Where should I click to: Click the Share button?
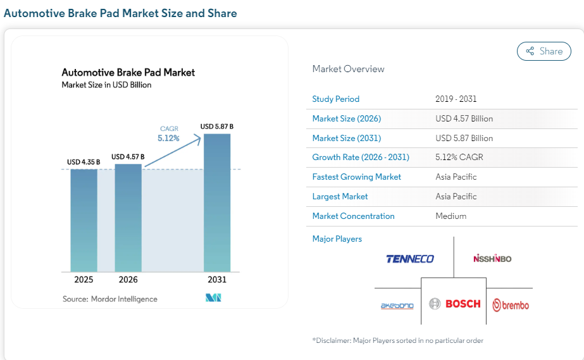click(x=544, y=51)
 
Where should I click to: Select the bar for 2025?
click(x=84, y=220)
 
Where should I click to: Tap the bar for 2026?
click(x=128, y=218)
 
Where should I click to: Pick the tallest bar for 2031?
click(x=216, y=202)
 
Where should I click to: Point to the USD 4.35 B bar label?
click(x=84, y=163)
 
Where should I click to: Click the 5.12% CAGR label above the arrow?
click(x=168, y=137)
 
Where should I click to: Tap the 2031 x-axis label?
click(x=216, y=280)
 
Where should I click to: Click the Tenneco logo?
click(x=410, y=259)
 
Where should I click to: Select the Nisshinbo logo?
click(x=492, y=258)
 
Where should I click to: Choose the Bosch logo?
click(x=455, y=304)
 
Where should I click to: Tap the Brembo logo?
click(x=511, y=305)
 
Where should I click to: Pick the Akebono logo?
click(x=397, y=306)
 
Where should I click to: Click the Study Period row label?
click(x=335, y=99)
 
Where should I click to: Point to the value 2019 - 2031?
click(x=456, y=99)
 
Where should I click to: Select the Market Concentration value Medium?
click(x=450, y=216)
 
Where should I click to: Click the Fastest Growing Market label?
click(x=356, y=177)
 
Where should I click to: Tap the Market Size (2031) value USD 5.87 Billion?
click(x=464, y=138)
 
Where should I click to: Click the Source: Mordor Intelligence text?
click(x=109, y=299)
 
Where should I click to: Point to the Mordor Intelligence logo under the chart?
click(x=213, y=298)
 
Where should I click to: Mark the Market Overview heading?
click(x=348, y=69)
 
